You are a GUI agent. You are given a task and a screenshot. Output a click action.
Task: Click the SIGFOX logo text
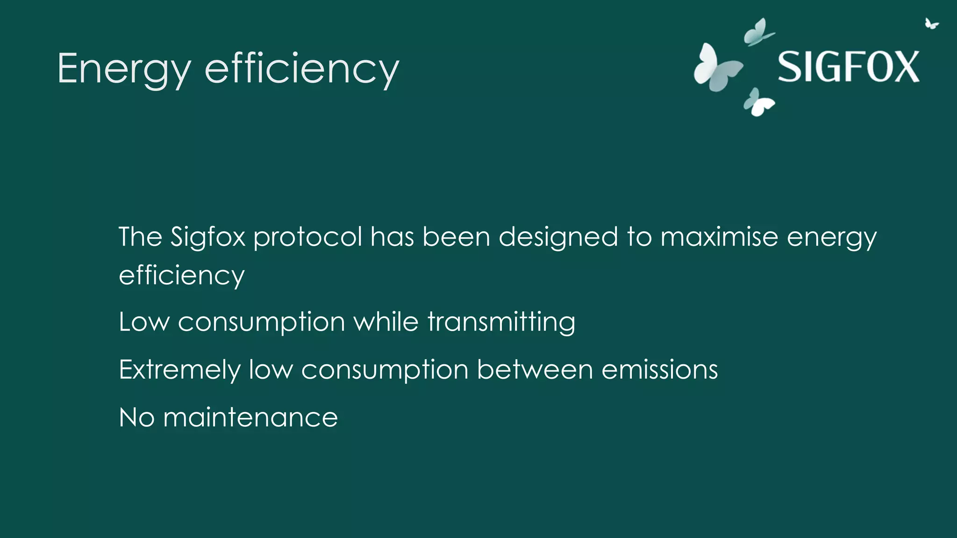[848, 67]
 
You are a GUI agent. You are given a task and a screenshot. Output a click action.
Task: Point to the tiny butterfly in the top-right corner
[931, 24]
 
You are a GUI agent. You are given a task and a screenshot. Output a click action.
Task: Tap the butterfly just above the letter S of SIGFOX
[758, 32]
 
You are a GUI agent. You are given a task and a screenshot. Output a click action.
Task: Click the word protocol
[307, 237]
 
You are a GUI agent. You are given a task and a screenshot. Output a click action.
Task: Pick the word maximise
[719, 237]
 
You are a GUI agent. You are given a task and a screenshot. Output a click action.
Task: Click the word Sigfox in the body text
[207, 237]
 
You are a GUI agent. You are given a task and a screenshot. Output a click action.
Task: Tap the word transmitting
[501, 322]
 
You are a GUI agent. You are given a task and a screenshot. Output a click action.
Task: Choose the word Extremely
[180, 370]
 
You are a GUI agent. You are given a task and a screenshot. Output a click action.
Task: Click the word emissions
[659, 370]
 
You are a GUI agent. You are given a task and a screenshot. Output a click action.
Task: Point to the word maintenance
[250, 418]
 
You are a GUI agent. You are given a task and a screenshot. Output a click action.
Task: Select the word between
[535, 370]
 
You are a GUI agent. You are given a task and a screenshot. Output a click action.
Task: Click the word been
[457, 237]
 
